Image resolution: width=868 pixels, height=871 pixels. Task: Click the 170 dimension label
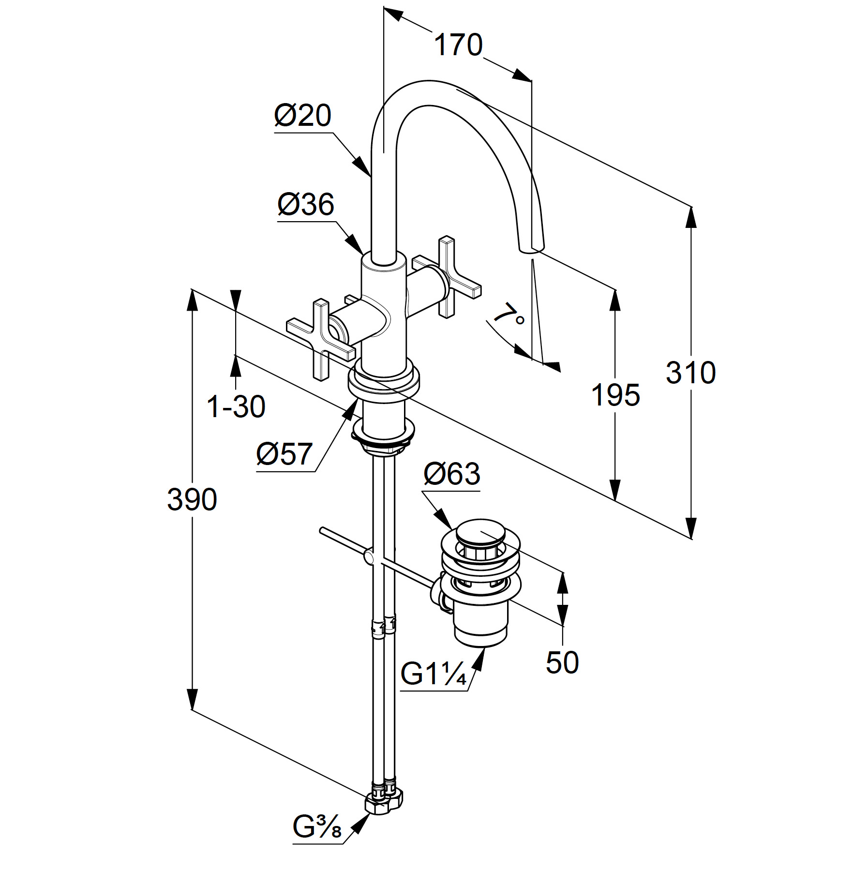coord(458,45)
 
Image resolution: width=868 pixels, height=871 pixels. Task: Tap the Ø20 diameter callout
coord(303,116)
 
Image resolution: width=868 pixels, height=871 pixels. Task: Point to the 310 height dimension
coord(690,373)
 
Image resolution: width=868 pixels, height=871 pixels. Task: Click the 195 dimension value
coord(616,395)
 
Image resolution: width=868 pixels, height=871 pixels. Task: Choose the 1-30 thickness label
coord(236,406)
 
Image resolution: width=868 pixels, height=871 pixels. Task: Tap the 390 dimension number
coord(192,499)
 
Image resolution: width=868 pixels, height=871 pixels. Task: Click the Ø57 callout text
coord(284,454)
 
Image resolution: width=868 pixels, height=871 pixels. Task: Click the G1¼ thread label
coord(434,673)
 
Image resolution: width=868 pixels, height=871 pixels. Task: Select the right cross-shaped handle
coord(447,277)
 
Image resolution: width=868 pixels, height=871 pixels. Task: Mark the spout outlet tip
coord(531,249)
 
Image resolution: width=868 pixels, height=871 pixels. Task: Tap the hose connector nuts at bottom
coord(385,811)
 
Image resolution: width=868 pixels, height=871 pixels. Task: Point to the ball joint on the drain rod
coord(369,557)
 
